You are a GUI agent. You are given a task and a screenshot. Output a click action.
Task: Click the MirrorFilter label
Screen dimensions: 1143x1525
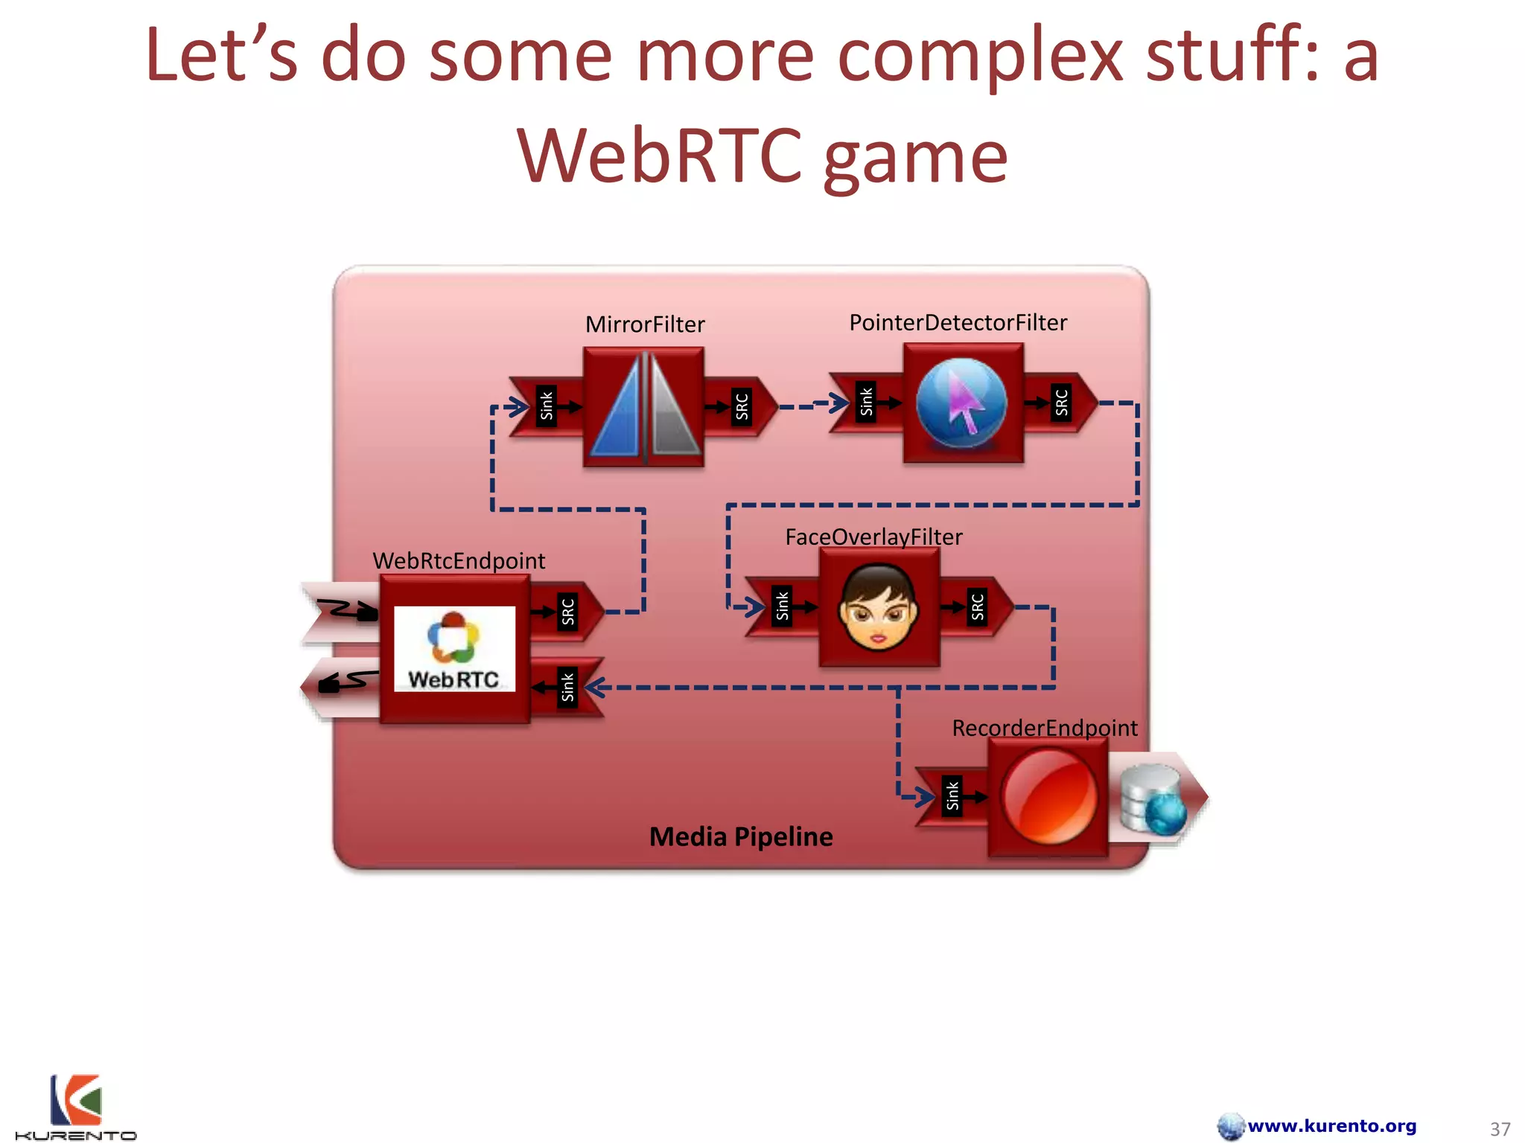point(645,324)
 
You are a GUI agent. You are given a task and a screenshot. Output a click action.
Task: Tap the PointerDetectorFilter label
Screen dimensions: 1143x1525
point(958,322)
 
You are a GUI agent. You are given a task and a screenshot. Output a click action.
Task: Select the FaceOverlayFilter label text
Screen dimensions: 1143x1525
point(873,537)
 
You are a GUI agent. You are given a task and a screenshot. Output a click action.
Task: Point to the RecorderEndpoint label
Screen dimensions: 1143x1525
point(1044,728)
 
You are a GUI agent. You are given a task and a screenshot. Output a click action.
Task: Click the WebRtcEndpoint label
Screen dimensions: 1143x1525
point(459,560)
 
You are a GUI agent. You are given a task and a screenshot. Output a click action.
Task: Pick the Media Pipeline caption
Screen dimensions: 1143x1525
point(741,836)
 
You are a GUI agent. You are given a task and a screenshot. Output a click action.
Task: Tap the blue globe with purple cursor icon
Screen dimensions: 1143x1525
point(961,403)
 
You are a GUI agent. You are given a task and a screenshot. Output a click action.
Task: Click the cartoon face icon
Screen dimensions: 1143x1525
point(878,606)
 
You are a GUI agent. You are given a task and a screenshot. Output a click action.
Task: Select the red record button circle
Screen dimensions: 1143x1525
point(1048,797)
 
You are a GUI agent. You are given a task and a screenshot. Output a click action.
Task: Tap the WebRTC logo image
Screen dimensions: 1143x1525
point(454,649)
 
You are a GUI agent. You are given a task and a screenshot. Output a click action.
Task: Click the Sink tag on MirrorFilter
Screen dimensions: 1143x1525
point(547,406)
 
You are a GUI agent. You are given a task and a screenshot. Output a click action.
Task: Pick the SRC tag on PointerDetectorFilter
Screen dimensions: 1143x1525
point(1061,403)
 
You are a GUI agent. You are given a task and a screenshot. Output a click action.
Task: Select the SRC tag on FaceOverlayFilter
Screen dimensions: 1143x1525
point(977,607)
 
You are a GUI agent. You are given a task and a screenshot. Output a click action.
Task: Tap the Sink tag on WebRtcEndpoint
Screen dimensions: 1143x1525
point(567,687)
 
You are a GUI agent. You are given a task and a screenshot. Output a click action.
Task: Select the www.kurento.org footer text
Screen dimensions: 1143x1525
point(1331,1126)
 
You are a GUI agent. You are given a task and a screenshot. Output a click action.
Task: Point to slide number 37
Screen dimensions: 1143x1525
point(1500,1129)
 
